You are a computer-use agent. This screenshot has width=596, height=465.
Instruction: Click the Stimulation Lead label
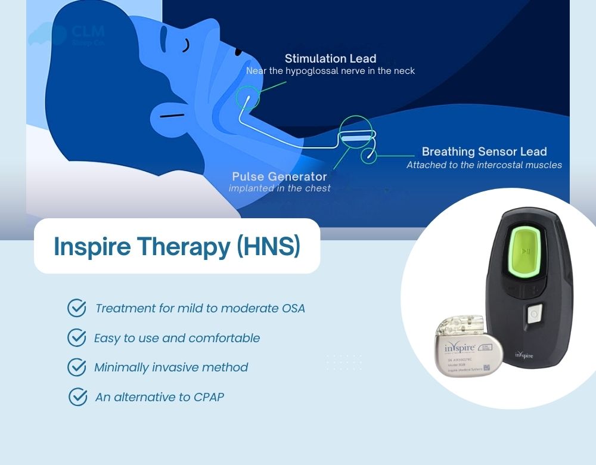tap(330, 58)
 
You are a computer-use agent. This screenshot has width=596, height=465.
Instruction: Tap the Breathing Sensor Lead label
tap(484, 151)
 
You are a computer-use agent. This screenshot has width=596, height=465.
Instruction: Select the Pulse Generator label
tap(279, 176)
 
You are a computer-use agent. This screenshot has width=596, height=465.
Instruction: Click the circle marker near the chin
tap(247, 97)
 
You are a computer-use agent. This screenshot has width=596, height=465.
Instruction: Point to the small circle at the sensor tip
tap(369, 155)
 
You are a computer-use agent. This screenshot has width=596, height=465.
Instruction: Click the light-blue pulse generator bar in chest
tap(355, 138)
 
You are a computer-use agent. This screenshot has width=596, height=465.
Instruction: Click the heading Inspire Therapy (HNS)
tap(176, 246)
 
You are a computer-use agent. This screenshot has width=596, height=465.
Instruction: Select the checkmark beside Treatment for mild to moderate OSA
tap(77, 308)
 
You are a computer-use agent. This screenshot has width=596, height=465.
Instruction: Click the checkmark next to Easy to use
tap(77, 338)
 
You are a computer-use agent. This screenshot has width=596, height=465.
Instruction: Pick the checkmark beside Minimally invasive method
tap(77, 367)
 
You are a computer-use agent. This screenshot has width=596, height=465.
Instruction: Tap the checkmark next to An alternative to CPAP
tap(78, 396)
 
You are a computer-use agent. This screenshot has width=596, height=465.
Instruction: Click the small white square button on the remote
tap(534, 312)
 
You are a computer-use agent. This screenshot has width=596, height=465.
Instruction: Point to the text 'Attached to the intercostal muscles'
tap(484, 165)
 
